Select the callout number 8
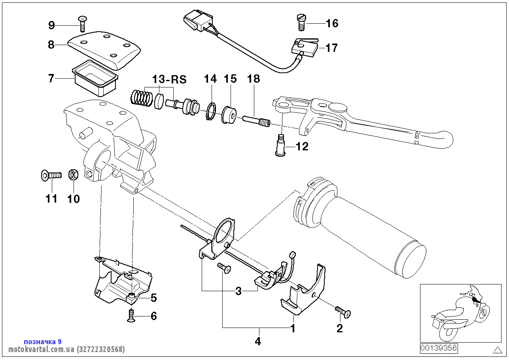point(51,45)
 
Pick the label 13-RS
point(169,79)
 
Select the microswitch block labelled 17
point(305,48)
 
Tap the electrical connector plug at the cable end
point(194,22)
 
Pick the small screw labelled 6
point(131,316)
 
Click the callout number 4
point(258,341)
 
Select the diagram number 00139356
point(439,348)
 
